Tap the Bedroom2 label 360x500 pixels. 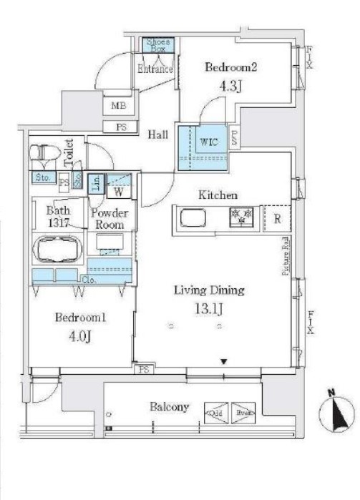(230, 68)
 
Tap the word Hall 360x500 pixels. (158, 134)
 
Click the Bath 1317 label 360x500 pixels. (57, 217)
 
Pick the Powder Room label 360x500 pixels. (109, 219)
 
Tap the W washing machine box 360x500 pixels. (118, 192)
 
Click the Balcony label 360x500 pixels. (170, 407)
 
